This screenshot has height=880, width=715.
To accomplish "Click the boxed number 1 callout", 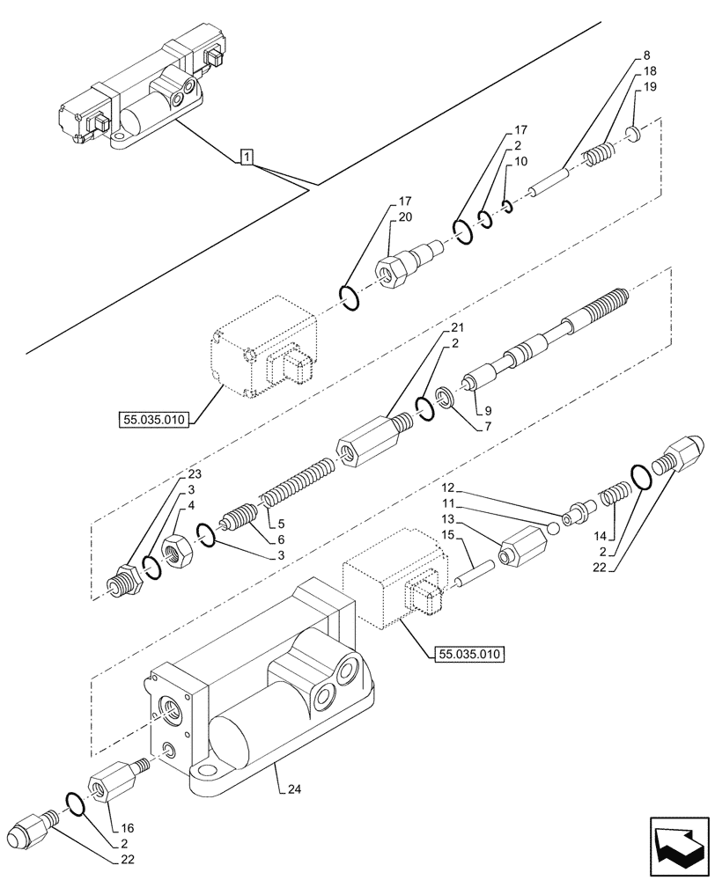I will point(247,158).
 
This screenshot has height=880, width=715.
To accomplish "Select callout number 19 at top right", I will point(649,86).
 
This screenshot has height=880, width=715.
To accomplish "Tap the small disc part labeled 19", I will point(632,134).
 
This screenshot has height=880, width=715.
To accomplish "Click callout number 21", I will point(458,327).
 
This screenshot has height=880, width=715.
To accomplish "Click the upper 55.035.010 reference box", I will point(151,421).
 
